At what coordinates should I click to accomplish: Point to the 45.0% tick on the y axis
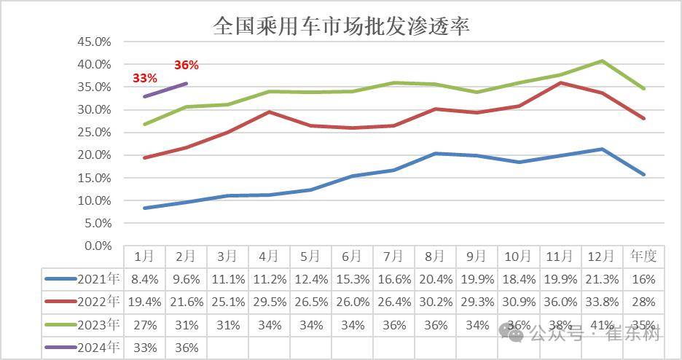tap(94, 42)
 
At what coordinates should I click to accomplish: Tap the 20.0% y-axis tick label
tap(94, 155)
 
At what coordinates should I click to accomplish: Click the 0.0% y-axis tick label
tap(97, 246)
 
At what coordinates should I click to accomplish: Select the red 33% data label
tap(144, 78)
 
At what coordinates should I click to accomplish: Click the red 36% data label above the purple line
tap(186, 66)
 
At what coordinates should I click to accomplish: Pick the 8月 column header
tap(435, 257)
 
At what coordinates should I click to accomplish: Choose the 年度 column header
tap(643, 257)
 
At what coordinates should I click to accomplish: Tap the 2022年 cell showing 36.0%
tap(560, 302)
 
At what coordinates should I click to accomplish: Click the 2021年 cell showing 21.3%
tap(602, 279)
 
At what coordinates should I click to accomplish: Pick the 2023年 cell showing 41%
tap(602, 325)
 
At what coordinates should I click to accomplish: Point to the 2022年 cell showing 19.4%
tap(144, 302)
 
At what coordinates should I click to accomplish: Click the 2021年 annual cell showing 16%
tap(643, 279)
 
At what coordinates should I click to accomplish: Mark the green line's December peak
tap(602, 60)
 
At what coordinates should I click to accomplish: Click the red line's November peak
tap(560, 82)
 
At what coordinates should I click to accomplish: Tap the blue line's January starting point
tap(144, 208)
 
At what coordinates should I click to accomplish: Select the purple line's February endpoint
tap(187, 83)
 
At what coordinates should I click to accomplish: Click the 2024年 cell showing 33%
tap(144, 348)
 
